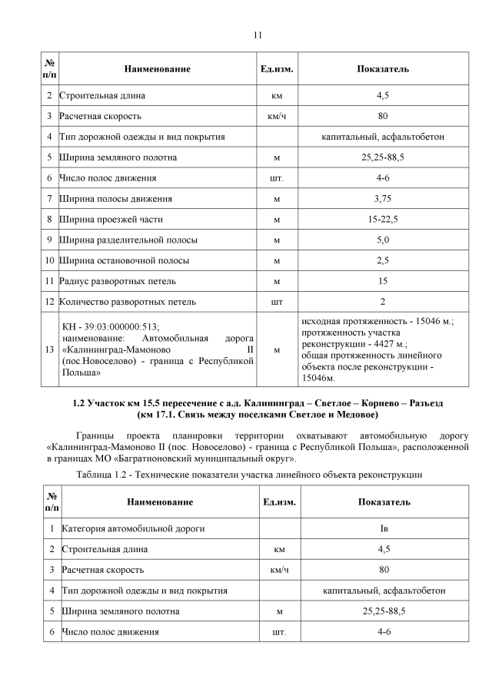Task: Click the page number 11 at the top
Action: click(x=258, y=35)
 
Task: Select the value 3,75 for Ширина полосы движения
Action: click(x=382, y=199)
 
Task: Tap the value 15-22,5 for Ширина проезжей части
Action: click(x=382, y=220)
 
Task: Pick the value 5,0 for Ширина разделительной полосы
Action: click(x=382, y=240)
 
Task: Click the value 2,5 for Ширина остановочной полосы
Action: click(x=382, y=260)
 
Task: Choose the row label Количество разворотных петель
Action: click(x=122, y=302)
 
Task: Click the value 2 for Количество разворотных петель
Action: click(x=382, y=302)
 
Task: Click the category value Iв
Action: click(x=383, y=528)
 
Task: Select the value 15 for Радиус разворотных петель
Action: click(x=382, y=281)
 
